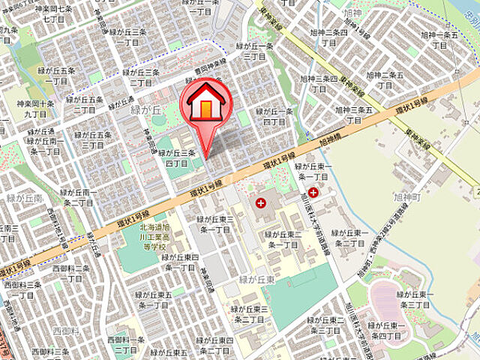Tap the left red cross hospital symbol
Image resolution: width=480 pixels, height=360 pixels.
260,202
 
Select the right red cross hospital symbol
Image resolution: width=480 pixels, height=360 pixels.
313,193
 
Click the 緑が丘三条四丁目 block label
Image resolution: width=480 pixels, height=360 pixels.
176,157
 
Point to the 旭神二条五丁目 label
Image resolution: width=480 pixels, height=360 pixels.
385,80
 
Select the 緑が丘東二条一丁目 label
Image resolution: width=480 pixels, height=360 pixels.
282,239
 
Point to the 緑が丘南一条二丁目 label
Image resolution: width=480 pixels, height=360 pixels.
77,197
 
